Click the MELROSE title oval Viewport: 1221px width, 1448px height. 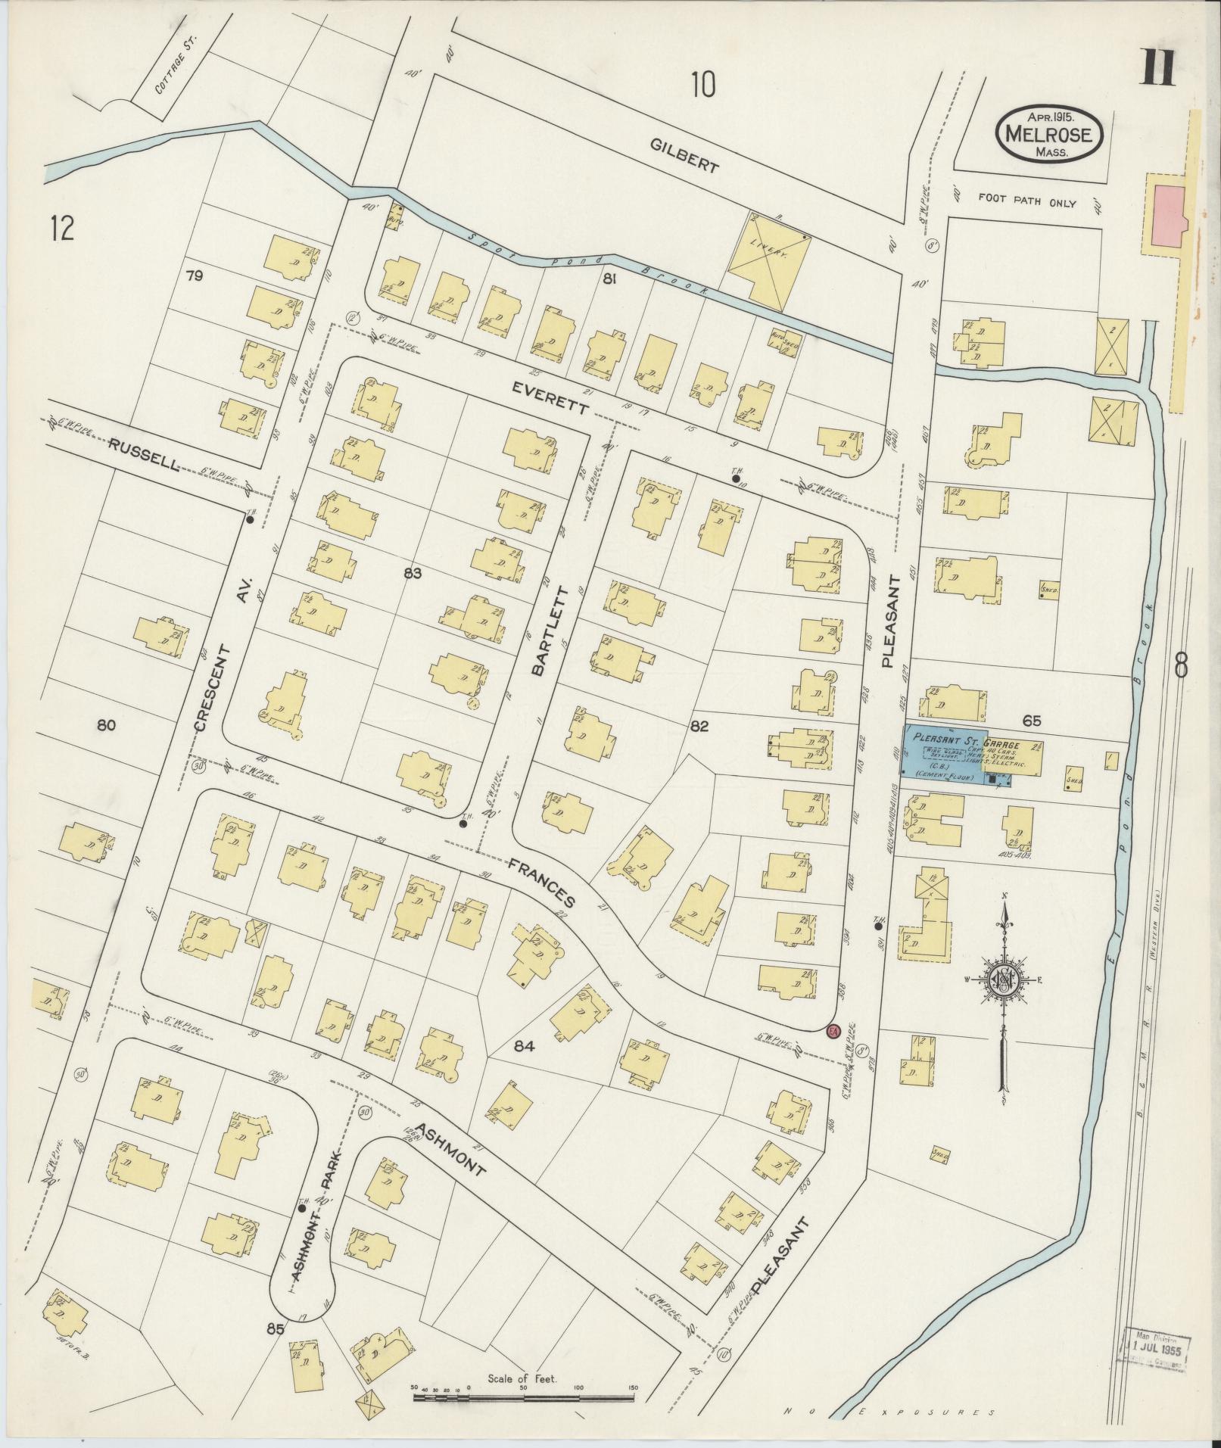(x=1048, y=133)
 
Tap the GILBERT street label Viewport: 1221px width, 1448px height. (x=683, y=156)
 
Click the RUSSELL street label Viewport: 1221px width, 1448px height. (x=143, y=456)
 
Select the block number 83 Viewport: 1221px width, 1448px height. (x=412, y=574)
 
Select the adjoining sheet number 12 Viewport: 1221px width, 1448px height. (x=62, y=227)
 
